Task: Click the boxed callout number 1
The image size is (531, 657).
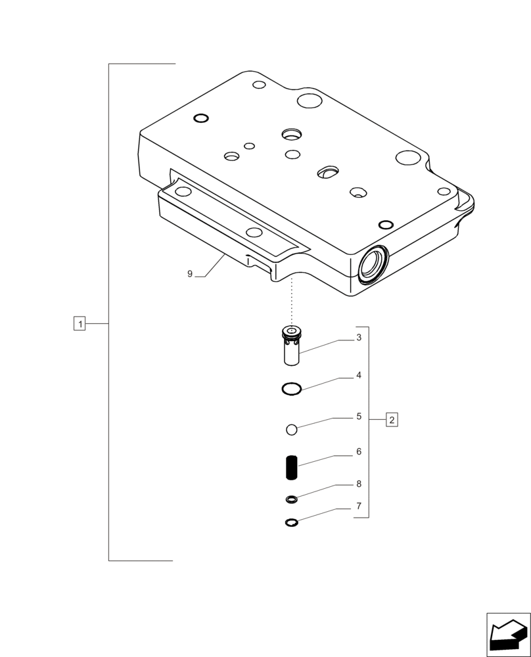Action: pos(80,323)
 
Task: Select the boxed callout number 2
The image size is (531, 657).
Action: pos(391,419)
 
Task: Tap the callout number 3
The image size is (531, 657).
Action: pos(359,338)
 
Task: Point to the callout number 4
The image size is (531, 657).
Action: pos(359,376)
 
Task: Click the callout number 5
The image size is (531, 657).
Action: pos(359,416)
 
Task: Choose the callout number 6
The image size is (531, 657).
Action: pos(359,452)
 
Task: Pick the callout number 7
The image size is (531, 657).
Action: pos(359,506)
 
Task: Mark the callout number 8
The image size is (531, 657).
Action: pos(359,484)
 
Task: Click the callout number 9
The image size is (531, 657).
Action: pos(190,274)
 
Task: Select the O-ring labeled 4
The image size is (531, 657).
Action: pos(291,389)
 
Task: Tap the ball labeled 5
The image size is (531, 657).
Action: pos(292,430)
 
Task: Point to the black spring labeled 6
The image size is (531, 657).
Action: pos(292,468)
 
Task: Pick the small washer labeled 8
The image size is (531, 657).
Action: pos(292,500)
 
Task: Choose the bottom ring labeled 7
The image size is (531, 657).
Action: pos(292,522)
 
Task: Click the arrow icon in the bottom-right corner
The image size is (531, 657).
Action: pos(508,634)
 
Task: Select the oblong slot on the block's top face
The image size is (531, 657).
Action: pos(327,172)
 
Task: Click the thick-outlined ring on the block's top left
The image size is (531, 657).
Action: pos(202,118)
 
